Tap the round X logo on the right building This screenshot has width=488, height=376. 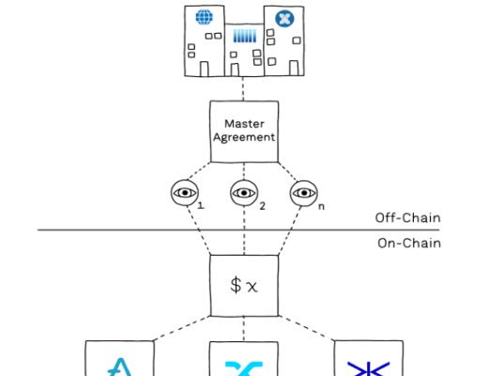[284, 19]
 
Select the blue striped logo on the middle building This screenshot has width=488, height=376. [243, 40]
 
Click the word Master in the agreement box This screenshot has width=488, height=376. [243, 122]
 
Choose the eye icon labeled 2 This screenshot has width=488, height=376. [243, 194]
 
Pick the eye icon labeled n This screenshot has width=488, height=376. [302, 194]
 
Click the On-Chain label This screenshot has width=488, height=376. [407, 241]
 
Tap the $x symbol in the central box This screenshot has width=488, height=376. [243, 283]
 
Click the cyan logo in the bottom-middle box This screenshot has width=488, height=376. [243, 365]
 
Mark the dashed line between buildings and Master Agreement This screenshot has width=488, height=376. [243, 88]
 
